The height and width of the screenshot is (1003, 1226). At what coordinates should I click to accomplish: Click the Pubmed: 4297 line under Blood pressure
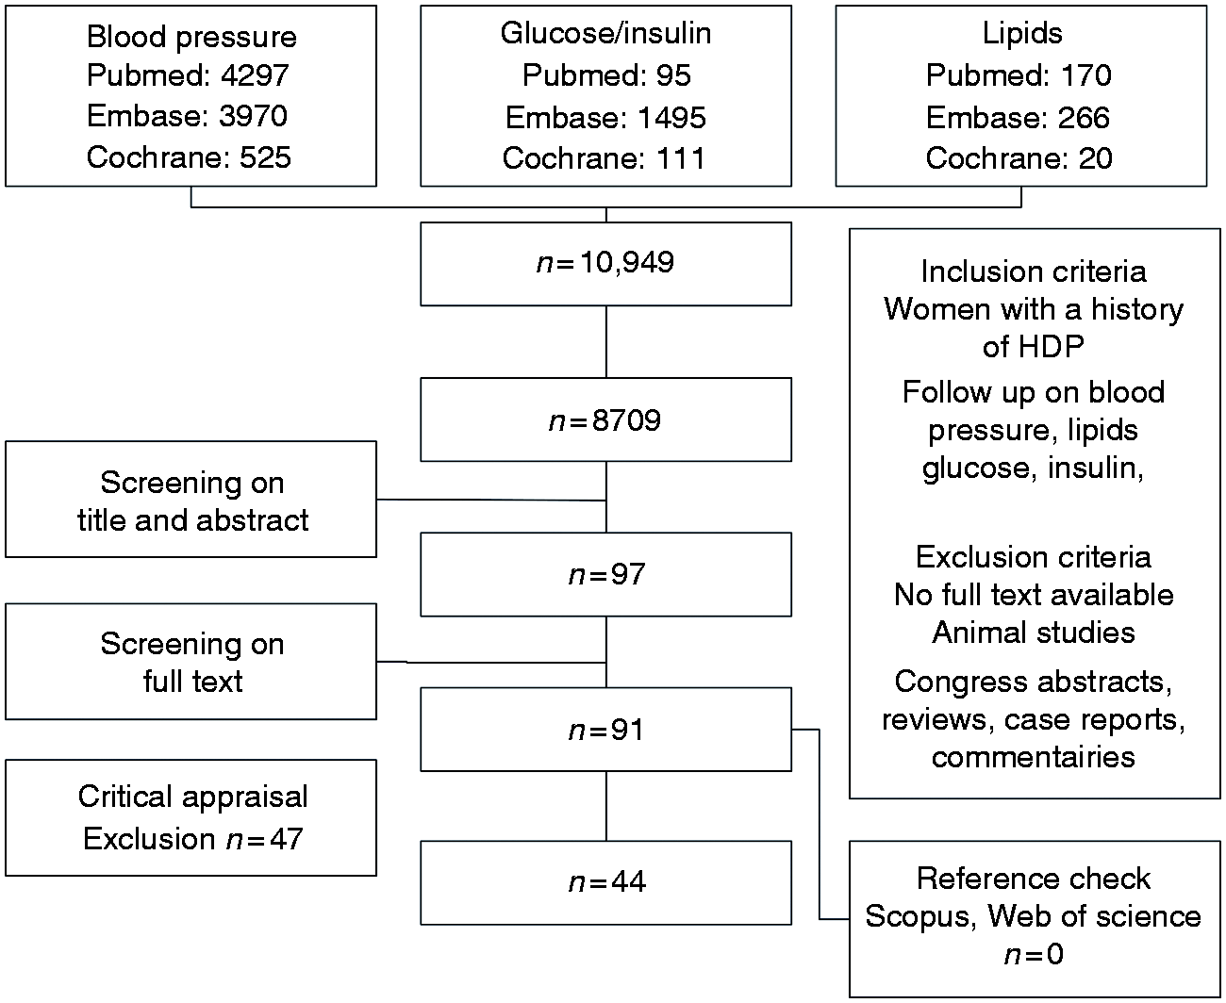(188, 75)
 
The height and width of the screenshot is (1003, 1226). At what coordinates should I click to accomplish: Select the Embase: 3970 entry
(187, 116)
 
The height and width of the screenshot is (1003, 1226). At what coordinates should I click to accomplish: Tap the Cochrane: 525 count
(189, 157)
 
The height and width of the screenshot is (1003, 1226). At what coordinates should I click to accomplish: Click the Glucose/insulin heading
(605, 33)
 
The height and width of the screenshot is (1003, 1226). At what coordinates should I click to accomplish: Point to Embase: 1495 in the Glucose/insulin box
(605, 118)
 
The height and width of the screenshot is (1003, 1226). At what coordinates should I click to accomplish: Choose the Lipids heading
(1022, 33)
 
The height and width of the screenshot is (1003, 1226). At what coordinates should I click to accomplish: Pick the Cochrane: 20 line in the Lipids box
(1019, 158)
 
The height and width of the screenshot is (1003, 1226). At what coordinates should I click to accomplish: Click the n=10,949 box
(605, 264)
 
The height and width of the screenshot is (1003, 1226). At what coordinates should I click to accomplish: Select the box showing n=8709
(605, 419)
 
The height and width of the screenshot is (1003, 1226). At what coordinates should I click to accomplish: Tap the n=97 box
(605, 575)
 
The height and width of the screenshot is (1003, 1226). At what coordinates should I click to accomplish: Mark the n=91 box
(605, 730)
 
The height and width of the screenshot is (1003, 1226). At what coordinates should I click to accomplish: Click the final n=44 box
(605, 882)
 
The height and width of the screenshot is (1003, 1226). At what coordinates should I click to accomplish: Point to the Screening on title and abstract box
(191, 500)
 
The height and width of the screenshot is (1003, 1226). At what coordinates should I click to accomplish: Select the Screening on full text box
(191, 662)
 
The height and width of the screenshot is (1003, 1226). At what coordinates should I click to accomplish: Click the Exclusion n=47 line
(192, 839)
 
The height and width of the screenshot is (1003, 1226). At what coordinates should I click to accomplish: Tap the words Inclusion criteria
(1034, 271)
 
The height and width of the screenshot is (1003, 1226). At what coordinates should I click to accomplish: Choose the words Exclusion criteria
(1034, 557)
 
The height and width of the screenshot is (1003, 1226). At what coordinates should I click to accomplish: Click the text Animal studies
(1034, 633)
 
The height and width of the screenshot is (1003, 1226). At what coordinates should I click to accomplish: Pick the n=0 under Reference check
(1034, 954)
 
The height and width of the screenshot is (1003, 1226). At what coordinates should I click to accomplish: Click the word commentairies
(1034, 757)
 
